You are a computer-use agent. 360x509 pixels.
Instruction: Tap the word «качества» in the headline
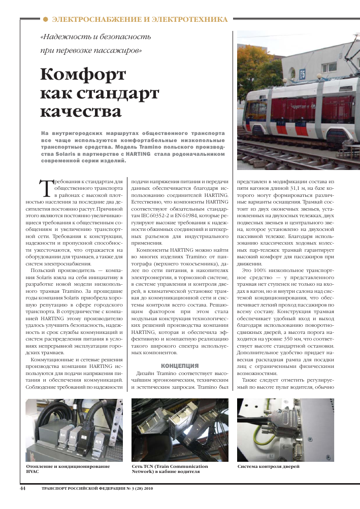click(81, 111)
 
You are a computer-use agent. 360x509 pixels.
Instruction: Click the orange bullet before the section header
click(45, 19)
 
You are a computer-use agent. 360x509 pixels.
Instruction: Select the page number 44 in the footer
click(22, 489)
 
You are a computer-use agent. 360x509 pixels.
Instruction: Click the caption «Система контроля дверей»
click(269, 466)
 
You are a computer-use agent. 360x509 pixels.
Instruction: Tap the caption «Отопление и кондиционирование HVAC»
click(68, 468)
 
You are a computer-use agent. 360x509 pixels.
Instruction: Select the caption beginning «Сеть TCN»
click(170, 468)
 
